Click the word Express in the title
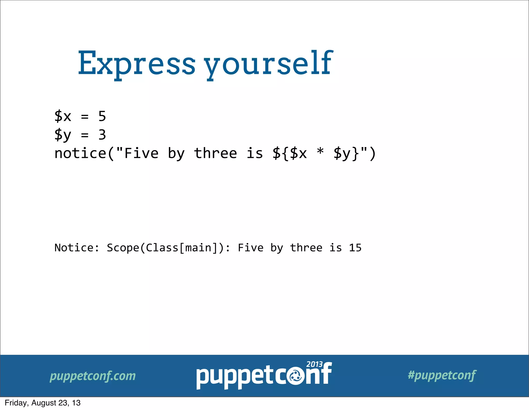coord(136,63)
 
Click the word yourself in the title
coord(269,63)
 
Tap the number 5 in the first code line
coord(102,116)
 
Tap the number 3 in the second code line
coord(102,135)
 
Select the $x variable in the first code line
coord(63,116)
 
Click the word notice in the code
coord(80,153)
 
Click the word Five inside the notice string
coord(142,153)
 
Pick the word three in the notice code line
coord(215,153)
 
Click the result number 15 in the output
coord(355,248)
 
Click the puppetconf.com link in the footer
coord(92,376)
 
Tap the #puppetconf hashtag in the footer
coord(442,375)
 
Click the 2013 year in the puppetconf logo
coord(314,364)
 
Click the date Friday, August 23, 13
coord(43,403)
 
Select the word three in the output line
coord(306,248)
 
